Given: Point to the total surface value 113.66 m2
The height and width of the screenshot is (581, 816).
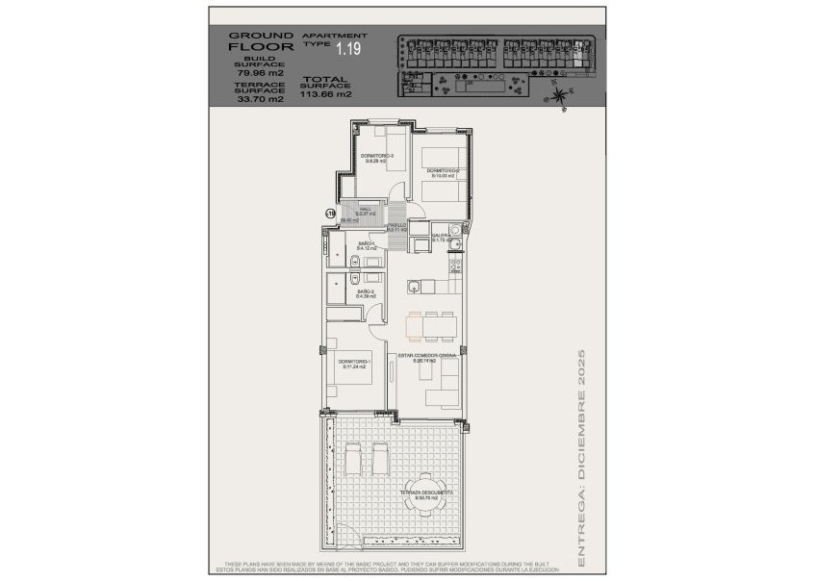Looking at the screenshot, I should coord(327,95).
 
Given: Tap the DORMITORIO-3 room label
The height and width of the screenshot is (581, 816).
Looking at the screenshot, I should coord(378,158).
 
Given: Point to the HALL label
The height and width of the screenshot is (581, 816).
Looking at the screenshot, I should coord(366,211).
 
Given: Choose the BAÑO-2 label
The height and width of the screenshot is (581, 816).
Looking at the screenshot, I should coord(366,292).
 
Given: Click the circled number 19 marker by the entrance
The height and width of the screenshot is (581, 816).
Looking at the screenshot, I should coord(329,214).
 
